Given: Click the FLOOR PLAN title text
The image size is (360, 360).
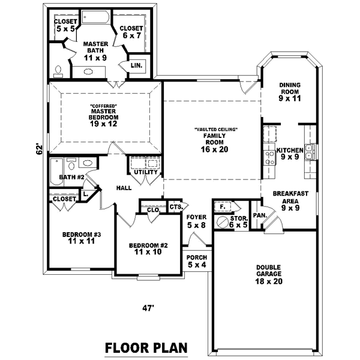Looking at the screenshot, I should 146,347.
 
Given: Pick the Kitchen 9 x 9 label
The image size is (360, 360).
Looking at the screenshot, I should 289,154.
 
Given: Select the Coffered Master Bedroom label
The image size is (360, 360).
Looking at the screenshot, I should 104,114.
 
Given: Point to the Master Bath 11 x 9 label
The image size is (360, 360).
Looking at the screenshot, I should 95,51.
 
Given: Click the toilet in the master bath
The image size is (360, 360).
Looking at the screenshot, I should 58,71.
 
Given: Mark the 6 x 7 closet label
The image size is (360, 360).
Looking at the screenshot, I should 131,32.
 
